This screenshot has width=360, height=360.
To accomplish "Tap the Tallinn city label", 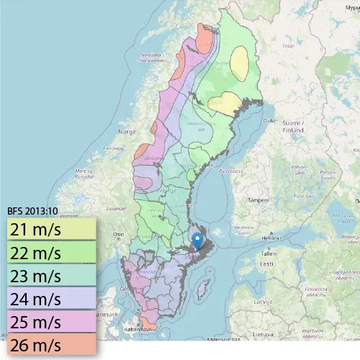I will pyautogui.click(x=269, y=253).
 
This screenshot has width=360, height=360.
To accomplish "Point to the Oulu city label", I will pyautogui.click(x=269, y=120).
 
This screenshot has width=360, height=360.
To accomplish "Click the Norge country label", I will pyautogui.click(x=127, y=132).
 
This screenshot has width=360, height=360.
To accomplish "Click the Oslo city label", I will pyautogui.click(x=119, y=235).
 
